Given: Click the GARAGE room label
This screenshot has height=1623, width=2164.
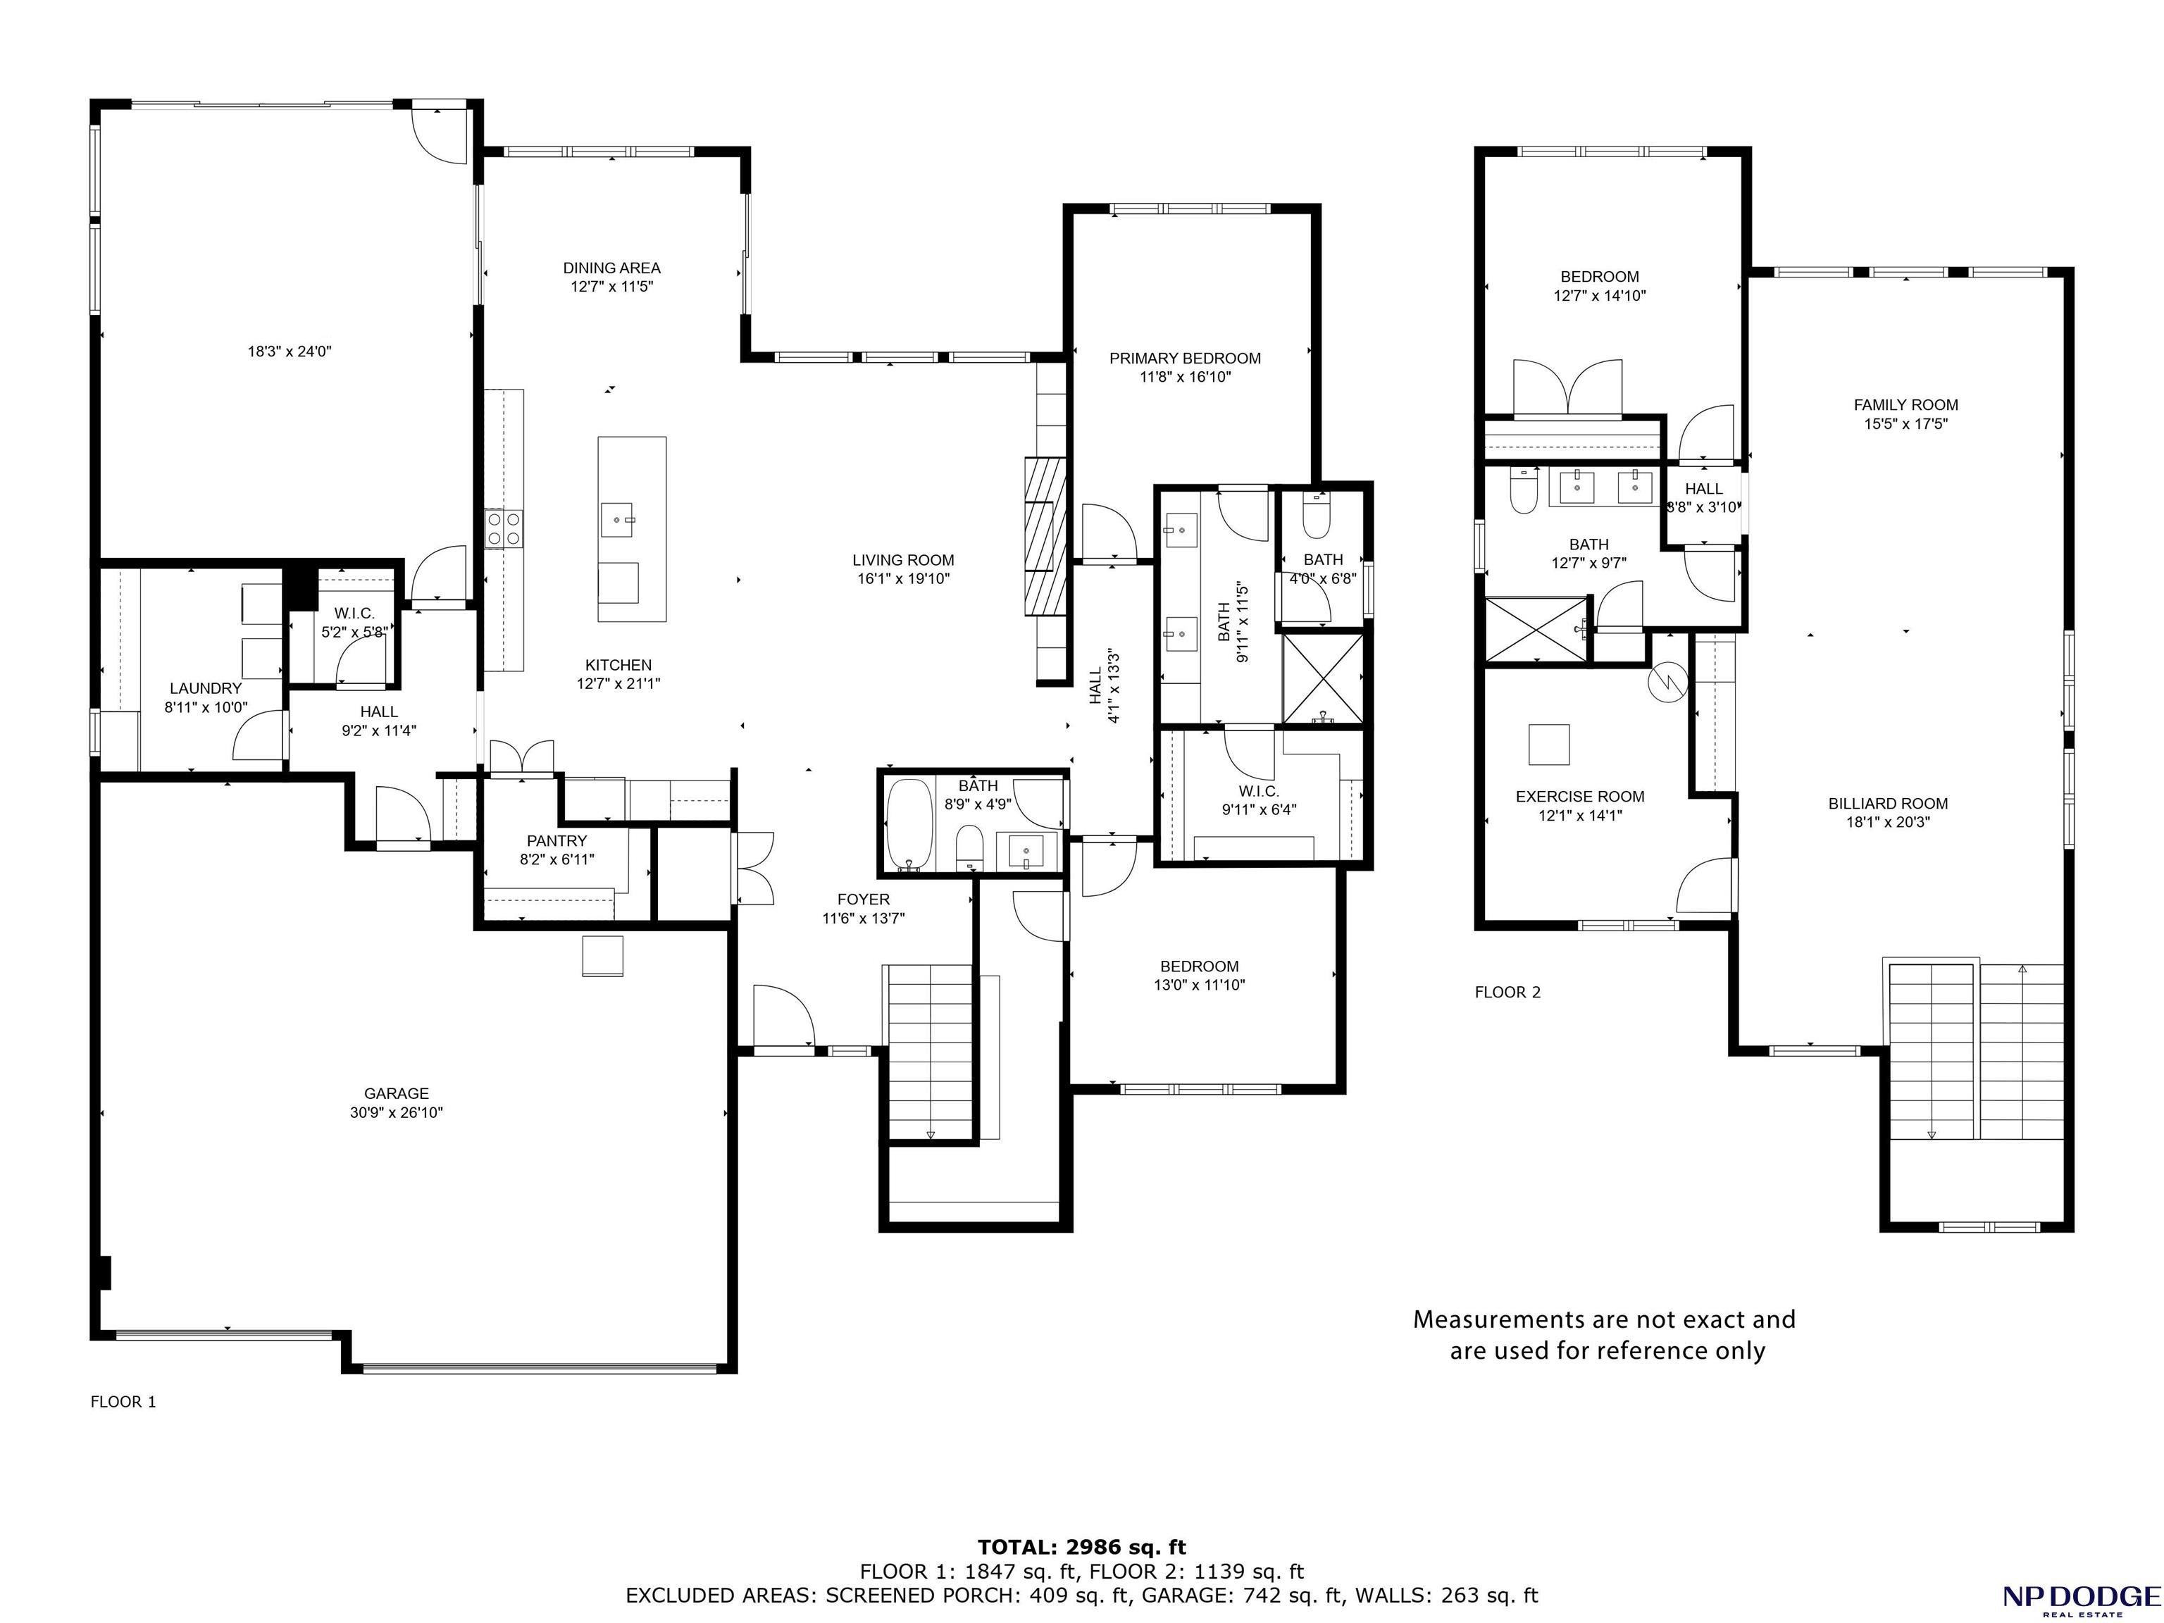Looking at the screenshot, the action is pos(396,1094).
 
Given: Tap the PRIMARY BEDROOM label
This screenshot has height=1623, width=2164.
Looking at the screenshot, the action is pos(1185,358).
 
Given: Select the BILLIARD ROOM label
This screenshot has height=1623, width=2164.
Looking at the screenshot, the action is pos(1888,803).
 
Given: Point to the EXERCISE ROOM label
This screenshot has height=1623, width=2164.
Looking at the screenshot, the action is pos(1580,796).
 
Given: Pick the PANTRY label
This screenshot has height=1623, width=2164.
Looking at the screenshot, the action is pos(556,840).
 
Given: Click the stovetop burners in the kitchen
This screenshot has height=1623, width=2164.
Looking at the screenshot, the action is pos(503,528).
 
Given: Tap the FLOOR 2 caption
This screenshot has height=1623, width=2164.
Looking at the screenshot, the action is pos(1507,992).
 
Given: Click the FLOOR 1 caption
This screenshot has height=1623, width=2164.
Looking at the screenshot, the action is pos(123,1401).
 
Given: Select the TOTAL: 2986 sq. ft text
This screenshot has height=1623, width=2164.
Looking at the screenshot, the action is pos(1082,1547).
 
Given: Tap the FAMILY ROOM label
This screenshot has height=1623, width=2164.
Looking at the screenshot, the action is pos(1905,404).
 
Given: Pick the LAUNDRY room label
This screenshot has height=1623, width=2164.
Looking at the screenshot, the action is pos(206,688).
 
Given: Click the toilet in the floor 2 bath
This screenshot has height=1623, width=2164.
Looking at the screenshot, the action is pos(1523,491).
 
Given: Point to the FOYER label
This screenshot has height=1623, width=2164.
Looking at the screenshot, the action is pos(864,899).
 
